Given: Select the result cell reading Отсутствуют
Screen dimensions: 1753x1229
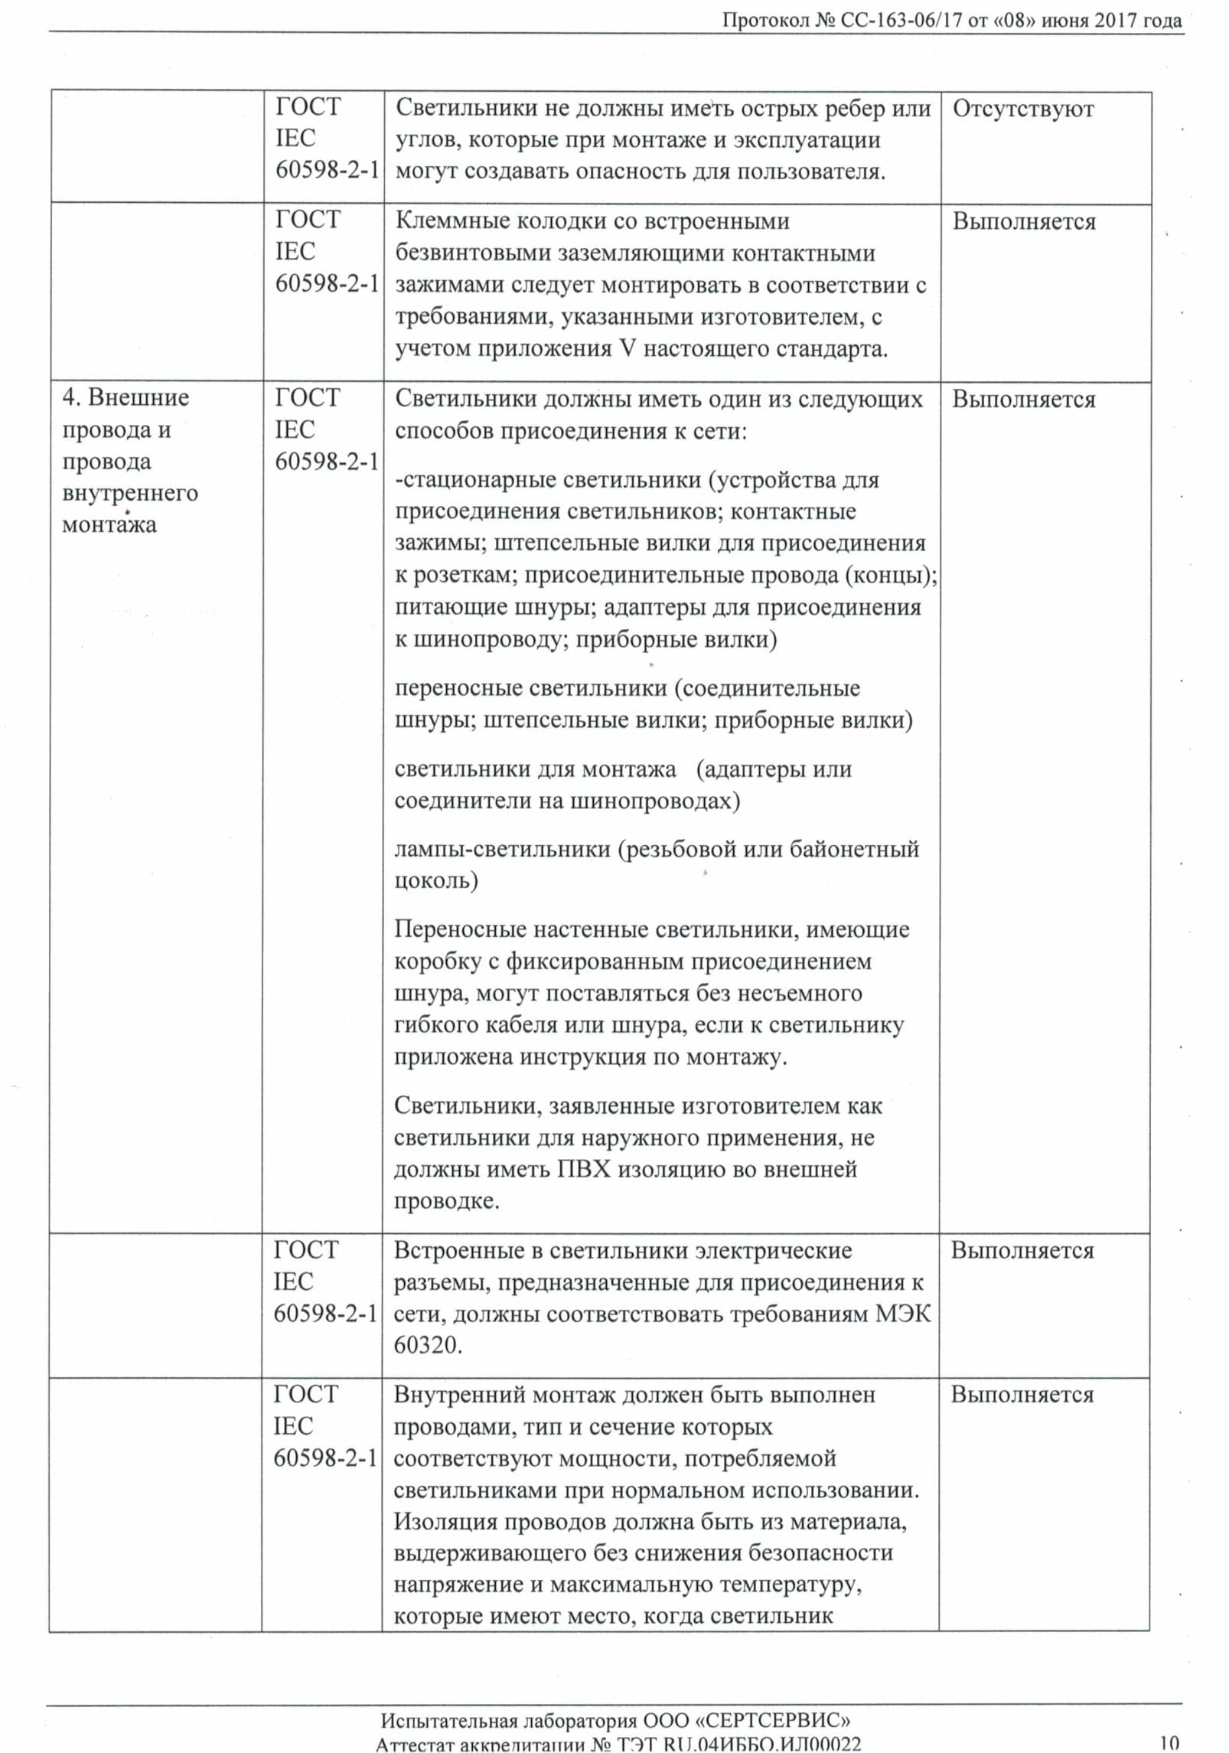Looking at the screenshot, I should coord(1022,109).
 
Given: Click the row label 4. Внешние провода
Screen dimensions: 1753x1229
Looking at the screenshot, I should coord(126,397).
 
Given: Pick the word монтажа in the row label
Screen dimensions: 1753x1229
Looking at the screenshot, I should coord(109,525).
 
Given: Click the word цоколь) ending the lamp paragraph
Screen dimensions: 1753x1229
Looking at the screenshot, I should coord(435,881).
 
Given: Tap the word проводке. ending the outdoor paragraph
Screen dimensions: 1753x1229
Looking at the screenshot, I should coord(446,1201).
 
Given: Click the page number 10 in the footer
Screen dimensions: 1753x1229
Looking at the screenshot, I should coord(1169,1743).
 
